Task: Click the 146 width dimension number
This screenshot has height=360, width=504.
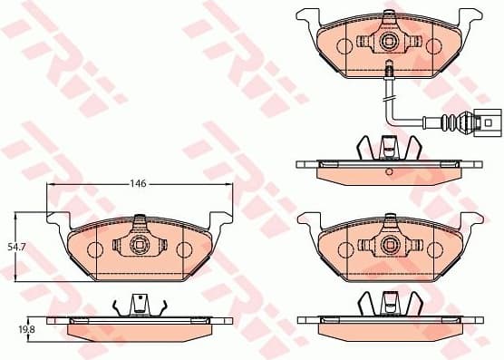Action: tap(137, 183)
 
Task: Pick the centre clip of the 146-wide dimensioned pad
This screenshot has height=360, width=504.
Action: tap(139, 245)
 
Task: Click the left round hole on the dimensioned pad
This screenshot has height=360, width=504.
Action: tap(94, 251)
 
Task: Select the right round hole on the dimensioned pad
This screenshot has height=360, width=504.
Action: tap(184, 251)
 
